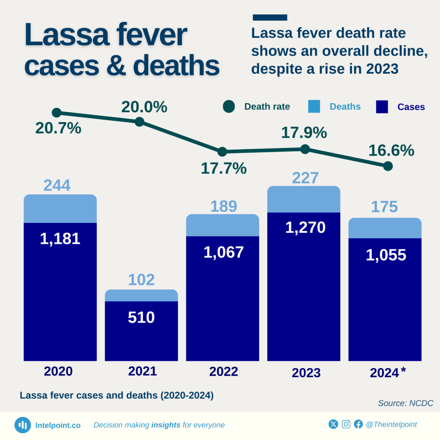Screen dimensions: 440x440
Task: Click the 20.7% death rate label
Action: (x=58, y=128)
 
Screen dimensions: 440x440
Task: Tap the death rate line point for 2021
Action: (x=139, y=122)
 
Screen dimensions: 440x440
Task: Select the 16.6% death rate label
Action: (x=391, y=150)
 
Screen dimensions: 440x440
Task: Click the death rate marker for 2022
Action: (x=222, y=152)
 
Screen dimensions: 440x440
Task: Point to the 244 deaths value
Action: (x=57, y=185)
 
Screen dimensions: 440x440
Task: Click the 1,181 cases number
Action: (x=60, y=238)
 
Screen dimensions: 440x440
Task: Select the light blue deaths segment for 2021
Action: (x=141, y=295)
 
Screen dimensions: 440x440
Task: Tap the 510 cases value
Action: (x=141, y=317)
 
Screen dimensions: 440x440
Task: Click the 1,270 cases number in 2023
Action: (x=306, y=227)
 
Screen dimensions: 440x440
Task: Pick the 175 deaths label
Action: (x=384, y=207)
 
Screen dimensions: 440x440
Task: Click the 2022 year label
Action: (x=223, y=371)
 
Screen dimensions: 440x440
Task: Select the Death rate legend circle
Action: (x=229, y=107)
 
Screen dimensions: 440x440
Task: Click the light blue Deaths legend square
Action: (x=315, y=107)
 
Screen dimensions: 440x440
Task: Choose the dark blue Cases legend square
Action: (x=382, y=107)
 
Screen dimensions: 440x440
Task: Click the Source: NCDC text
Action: (x=405, y=403)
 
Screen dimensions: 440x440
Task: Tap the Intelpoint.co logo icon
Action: (x=22, y=425)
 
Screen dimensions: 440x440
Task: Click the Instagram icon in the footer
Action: (x=346, y=425)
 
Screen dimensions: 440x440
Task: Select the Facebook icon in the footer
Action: (x=358, y=425)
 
